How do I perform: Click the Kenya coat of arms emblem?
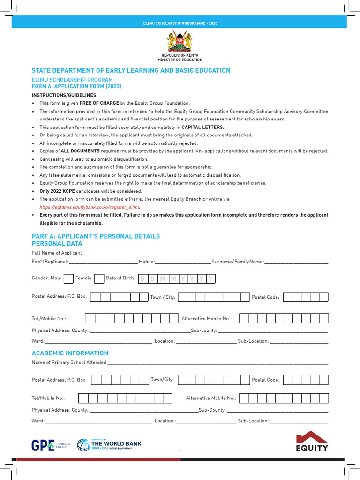[180, 42]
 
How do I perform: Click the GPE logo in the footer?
[43, 445]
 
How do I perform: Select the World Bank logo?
[109, 445]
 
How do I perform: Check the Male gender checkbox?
[68, 278]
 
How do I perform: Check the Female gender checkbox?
[99, 278]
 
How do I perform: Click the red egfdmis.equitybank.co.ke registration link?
[90, 207]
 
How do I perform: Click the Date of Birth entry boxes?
[176, 279]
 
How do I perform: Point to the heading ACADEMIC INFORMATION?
[70, 353]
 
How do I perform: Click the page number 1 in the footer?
[180, 451]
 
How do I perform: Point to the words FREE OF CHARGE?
[99, 103]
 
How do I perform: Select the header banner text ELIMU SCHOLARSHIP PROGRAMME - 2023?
[180, 23]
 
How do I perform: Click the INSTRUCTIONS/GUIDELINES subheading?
[64, 95]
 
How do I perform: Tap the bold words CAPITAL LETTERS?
[202, 127]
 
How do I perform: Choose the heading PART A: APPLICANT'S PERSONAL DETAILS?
[96, 236]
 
